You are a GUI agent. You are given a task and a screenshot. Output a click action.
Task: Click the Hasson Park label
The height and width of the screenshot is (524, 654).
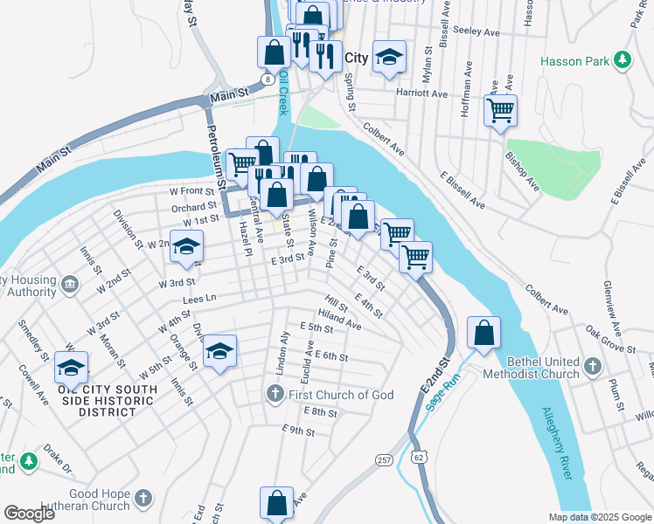point(574,61)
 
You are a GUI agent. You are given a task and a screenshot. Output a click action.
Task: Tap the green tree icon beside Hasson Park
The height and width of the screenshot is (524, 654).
point(622,60)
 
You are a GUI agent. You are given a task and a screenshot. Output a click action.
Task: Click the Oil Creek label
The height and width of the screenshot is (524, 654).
point(283,94)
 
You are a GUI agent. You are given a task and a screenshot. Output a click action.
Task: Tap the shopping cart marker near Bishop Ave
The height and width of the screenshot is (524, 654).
point(500,111)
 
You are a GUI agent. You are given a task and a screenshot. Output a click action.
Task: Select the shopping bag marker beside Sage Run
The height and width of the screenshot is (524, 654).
point(484,333)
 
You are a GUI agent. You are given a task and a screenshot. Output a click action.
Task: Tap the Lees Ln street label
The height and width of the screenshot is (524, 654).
point(198,300)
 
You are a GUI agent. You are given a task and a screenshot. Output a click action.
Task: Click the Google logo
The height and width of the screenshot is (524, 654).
point(29,513)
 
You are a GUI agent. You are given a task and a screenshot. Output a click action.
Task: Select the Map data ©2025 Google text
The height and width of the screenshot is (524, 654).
point(599,517)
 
